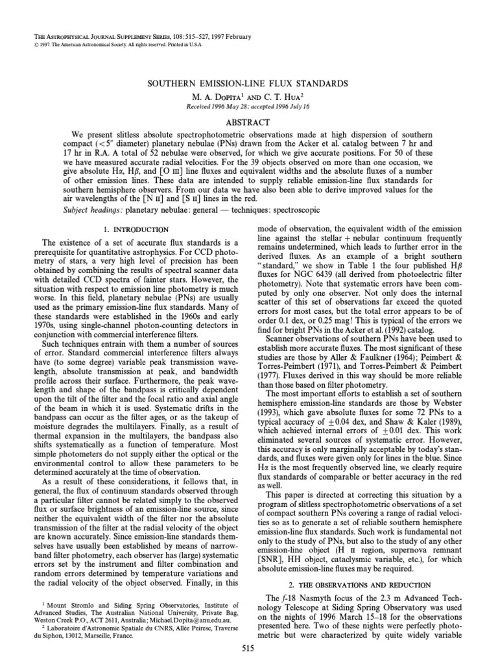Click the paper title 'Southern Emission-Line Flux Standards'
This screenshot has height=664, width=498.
[x=249, y=84]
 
